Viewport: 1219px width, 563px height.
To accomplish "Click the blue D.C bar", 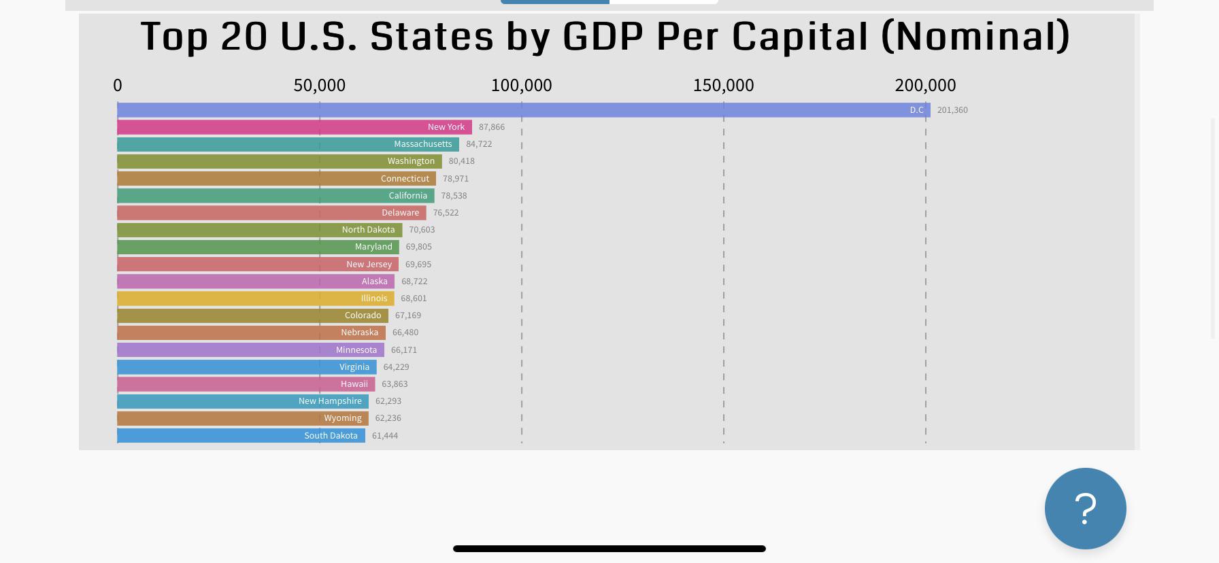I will pyautogui.click(x=517, y=110).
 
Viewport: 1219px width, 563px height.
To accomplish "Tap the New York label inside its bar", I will pyautogui.click(x=446, y=127).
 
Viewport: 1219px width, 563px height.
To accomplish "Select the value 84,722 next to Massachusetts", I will pyautogui.click(x=479, y=144).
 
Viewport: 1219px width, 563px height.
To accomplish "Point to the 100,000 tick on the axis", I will pyautogui.click(x=521, y=86).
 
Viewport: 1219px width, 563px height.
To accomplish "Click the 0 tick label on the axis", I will pyautogui.click(x=118, y=86).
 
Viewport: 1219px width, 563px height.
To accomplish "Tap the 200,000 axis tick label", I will pyautogui.click(x=925, y=86).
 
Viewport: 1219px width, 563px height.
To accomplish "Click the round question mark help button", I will pyautogui.click(x=1085, y=509).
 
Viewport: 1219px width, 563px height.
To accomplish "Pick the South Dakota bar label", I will pyautogui.click(x=331, y=436).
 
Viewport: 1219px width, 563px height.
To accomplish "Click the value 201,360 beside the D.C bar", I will pyautogui.click(x=952, y=110).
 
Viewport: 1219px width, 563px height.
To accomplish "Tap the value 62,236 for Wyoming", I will pyautogui.click(x=388, y=418).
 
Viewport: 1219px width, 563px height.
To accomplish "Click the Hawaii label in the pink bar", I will pyautogui.click(x=354, y=384).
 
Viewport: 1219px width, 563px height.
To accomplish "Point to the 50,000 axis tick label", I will pyautogui.click(x=319, y=86).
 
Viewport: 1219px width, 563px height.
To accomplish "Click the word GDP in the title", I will pyautogui.click(x=603, y=37).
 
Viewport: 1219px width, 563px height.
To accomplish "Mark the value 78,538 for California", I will pyautogui.click(x=454, y=196).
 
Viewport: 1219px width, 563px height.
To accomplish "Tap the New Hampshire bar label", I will pyautogui.click(x=330, y=401).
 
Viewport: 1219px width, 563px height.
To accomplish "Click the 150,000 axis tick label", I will pyautogui.click(x=723, y=86).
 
